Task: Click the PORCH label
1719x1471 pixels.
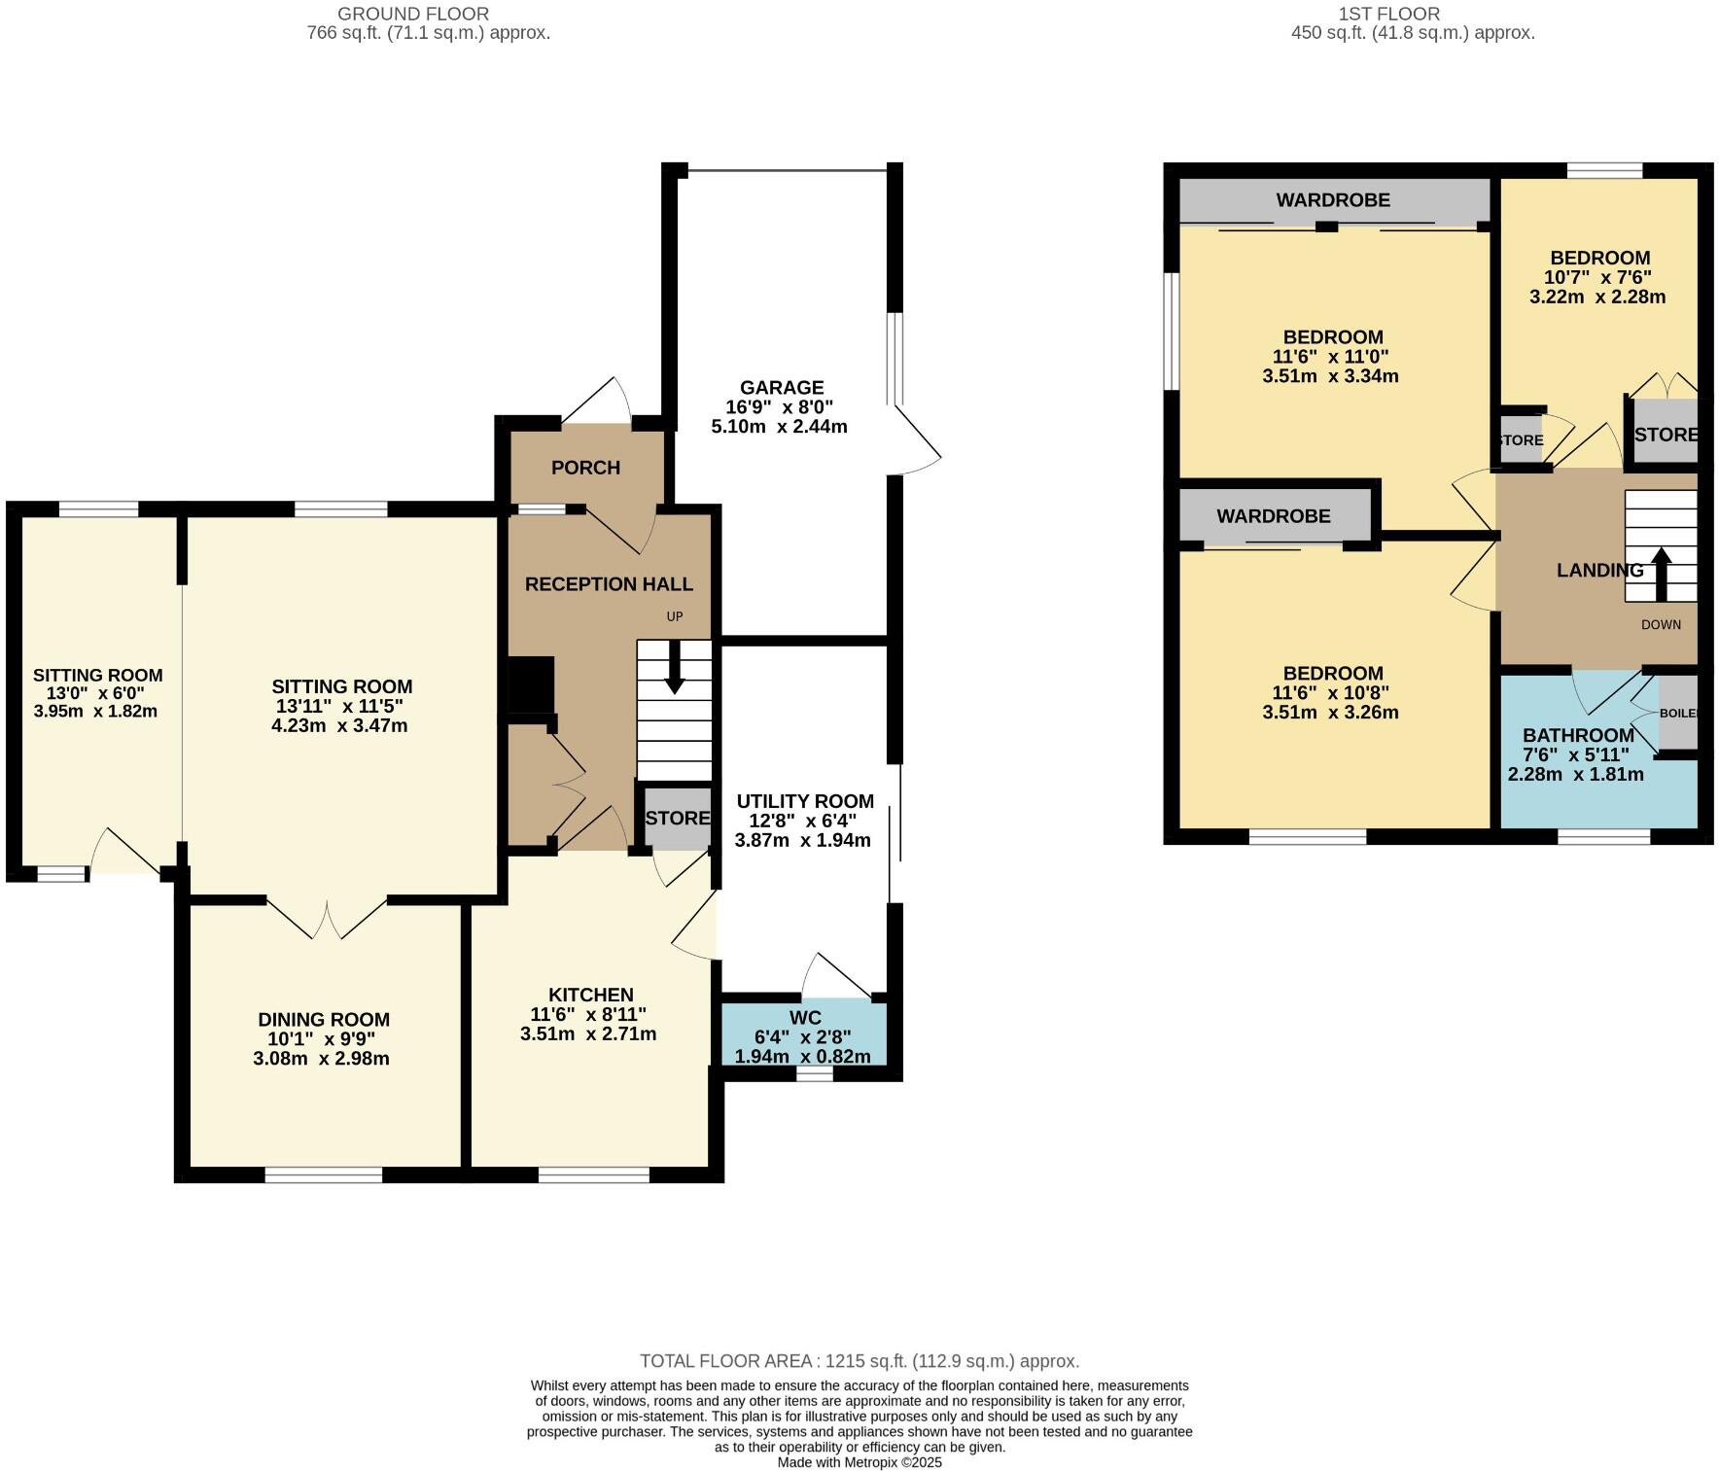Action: [x=585, y=468]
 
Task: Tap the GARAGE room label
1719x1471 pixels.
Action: [x=781, y=388]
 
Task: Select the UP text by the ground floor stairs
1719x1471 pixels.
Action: [x=674, y=616]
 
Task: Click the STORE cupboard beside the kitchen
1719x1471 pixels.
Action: [x=677, y=818]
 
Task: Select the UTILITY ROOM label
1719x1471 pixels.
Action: [x=804, y=801]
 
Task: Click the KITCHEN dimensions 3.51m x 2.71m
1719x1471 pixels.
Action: [x=588, y=1033]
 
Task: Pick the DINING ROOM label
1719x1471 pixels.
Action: [x=324, y=1019]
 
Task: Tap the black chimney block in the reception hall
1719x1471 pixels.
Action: [x=531, y=684]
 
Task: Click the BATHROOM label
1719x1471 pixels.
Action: [x=1577, y=735]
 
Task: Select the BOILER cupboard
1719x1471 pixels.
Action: [x=1678, y=713]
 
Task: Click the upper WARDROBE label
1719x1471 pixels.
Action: [x=1332, y=200]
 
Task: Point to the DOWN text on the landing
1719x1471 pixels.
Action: [x=1660, y=624]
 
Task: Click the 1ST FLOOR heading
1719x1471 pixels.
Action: [x=1388, y=14]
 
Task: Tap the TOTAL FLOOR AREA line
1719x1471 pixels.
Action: [x=859, y=1361]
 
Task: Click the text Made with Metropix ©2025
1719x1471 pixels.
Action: [x=859, y=1462]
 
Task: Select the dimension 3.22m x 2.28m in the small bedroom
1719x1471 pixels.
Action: [x=1596, y=297]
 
